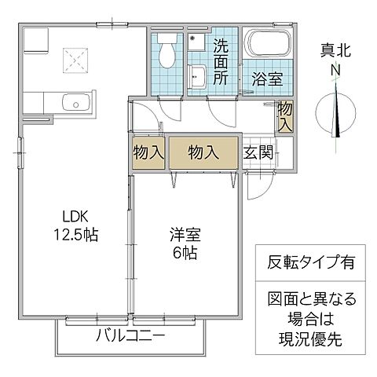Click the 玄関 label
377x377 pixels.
tap(258, 152)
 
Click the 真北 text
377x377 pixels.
tap(335, 51)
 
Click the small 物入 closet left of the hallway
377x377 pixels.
tap(148, 152)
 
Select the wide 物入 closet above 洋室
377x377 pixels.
tap(203, 152)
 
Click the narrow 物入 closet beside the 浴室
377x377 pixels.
tap(285, 115)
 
